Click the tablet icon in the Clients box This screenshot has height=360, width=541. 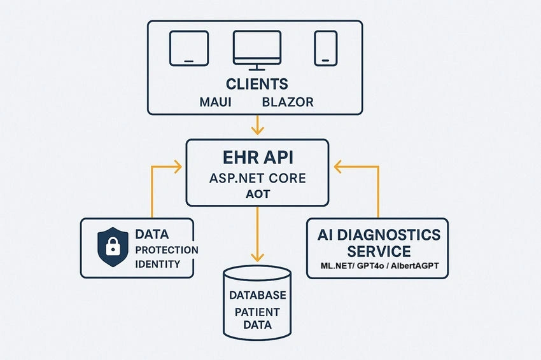189,48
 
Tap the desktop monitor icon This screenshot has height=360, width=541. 257,50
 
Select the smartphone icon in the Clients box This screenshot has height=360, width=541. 326,48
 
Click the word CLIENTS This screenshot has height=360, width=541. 257,84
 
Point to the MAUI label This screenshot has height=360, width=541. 216,102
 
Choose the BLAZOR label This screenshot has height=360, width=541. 288,102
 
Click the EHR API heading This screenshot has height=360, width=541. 258,158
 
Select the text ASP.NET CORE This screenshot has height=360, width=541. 258,178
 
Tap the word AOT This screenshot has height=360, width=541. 258,194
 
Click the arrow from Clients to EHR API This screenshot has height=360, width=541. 257,125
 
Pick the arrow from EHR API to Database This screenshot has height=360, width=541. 257,234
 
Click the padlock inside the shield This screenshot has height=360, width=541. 113,246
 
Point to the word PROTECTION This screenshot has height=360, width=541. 167,250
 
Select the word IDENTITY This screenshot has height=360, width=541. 158,264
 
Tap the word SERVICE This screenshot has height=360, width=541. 379,251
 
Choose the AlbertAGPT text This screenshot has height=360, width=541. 415,266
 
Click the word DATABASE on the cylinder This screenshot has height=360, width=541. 258,295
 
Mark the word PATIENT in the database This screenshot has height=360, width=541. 257,312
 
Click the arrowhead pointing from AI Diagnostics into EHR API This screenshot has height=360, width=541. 337,167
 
